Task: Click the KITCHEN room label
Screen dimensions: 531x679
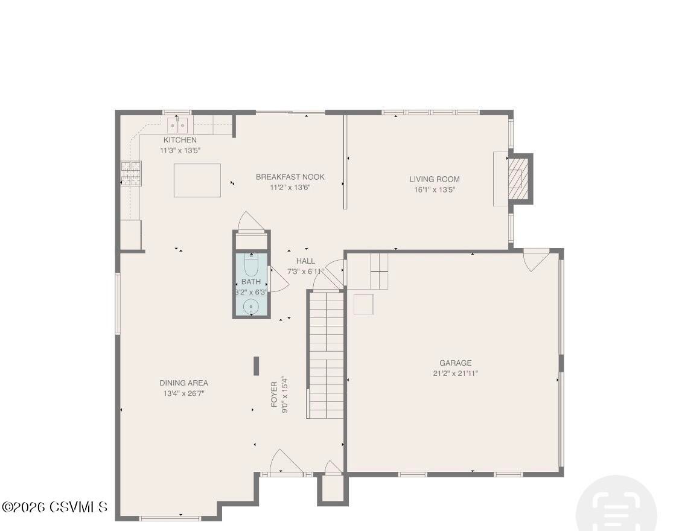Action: pyautogui.click(x=180, y=140)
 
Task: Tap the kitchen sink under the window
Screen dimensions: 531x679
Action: pyautogui.click(x=177, y=126)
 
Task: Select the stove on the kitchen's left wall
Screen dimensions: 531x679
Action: pyautogui.click(x=131, y=173)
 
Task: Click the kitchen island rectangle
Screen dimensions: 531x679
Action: pyautogui.click(x=197, y=180)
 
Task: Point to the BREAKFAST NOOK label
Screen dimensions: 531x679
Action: pyautogui.click(x=290, y=177)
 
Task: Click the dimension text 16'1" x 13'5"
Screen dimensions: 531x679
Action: pyautogui.click(x=434, y=189)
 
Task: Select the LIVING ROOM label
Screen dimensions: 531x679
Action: pyautogui.click(x=434, y=179)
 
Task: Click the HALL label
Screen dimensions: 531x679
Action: pyautogui.click(x=305, y=261)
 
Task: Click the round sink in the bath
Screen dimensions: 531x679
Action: pyautogui.click(x=250, y=307)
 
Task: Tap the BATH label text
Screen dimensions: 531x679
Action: pyautogui.click(x=251, y=282)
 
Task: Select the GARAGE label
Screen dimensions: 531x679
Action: pyautogui.click(x=455, y=363)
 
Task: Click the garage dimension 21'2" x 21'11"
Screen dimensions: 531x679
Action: pyautogui.click(x=455, y=374)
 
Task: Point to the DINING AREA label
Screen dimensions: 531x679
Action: pyautogui.click(x=183, y=383)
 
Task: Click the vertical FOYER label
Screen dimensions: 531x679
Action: pyautogui.click(x=274, y=394)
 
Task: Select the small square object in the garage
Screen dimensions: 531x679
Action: pyautogui.click(x=364, y=304)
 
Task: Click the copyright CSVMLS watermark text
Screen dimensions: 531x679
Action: pyautogui.click(x=54, y=507)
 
